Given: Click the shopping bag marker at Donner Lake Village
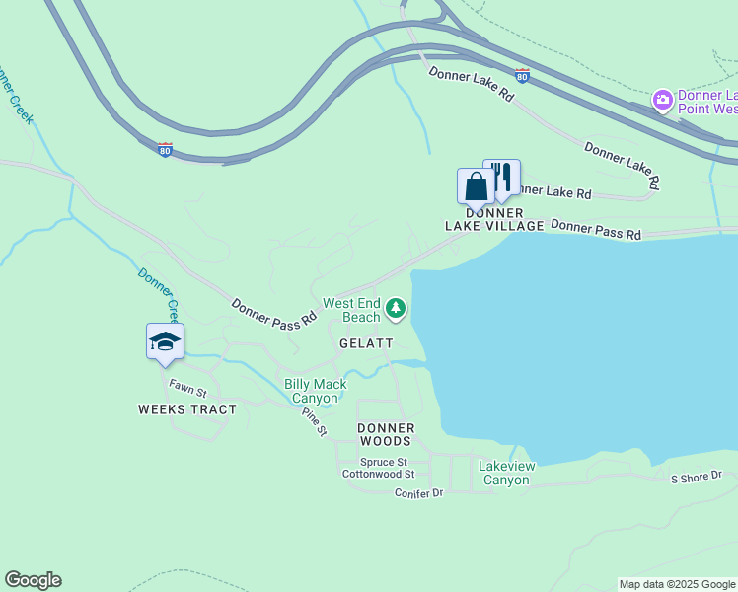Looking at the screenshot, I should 476,186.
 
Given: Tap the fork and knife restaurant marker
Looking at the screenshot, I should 502,177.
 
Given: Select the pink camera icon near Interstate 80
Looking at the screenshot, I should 662,100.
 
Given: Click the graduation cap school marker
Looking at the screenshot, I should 165,341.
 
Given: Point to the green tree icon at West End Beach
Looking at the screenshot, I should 396,310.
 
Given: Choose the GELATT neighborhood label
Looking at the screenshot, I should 366,343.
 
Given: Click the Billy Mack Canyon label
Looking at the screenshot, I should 316,391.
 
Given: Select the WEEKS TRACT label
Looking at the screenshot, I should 187,409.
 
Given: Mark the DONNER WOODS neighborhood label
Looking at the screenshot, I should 386,434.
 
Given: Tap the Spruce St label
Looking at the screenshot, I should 384,462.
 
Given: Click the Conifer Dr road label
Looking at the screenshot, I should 419,492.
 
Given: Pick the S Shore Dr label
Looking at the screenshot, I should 697,479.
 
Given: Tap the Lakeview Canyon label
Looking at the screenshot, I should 506,473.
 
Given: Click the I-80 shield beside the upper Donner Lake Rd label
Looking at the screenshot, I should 522,75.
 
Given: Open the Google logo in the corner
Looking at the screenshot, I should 33,580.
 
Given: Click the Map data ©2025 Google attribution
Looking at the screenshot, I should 677,584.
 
